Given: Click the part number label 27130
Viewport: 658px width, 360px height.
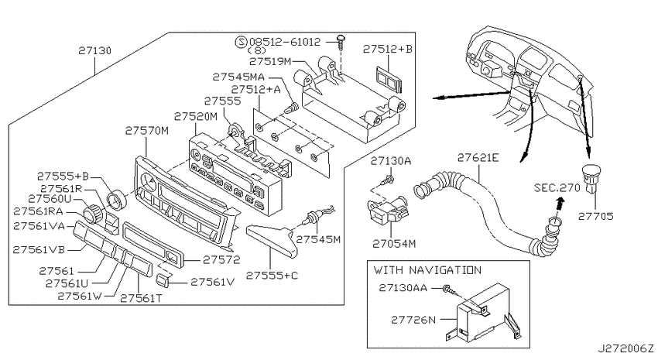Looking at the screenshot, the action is (95, 51).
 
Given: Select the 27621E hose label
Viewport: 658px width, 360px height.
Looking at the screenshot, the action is (478, 158).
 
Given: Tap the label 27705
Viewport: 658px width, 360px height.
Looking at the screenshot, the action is (595, 216).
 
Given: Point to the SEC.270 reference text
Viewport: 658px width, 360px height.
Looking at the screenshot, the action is (557, 187).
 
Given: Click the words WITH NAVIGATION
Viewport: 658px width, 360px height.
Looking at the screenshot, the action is (427, 269).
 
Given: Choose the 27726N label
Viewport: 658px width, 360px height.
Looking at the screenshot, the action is (413, 320).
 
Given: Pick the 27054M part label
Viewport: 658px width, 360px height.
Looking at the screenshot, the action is (394, 243).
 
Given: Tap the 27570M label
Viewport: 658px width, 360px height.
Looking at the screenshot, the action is (147, 131).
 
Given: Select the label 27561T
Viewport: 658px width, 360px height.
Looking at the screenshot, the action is (141, 298).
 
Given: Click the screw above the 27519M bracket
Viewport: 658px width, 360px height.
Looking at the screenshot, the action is (341, 42).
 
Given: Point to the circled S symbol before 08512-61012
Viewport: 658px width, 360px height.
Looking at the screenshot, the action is (241, 42).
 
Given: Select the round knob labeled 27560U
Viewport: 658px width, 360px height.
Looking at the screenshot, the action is (93, 212).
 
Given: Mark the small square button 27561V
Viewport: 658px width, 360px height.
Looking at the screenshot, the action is (163, 280).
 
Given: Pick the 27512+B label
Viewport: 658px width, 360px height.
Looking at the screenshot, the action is (387, 49).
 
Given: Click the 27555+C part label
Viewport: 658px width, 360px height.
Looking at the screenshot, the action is (272, 276).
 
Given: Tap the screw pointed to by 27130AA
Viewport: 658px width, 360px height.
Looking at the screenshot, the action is (448, 289).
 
